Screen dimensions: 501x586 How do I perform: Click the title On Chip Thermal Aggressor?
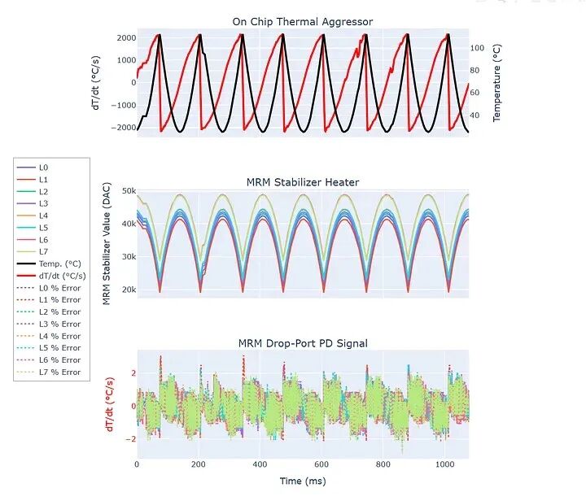303,22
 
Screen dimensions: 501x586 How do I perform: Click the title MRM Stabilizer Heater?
303,182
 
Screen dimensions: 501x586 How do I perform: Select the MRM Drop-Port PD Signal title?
303,343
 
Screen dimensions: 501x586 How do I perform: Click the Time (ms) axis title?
303,481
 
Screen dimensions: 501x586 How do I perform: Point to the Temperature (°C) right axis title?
496,82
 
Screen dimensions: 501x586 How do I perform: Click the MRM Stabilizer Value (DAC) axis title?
107,243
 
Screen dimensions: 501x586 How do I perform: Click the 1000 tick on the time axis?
445,464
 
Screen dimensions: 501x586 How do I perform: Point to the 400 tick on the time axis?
260,464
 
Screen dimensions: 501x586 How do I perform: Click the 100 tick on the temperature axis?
479,49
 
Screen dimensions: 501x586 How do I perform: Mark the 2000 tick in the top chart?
125,38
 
